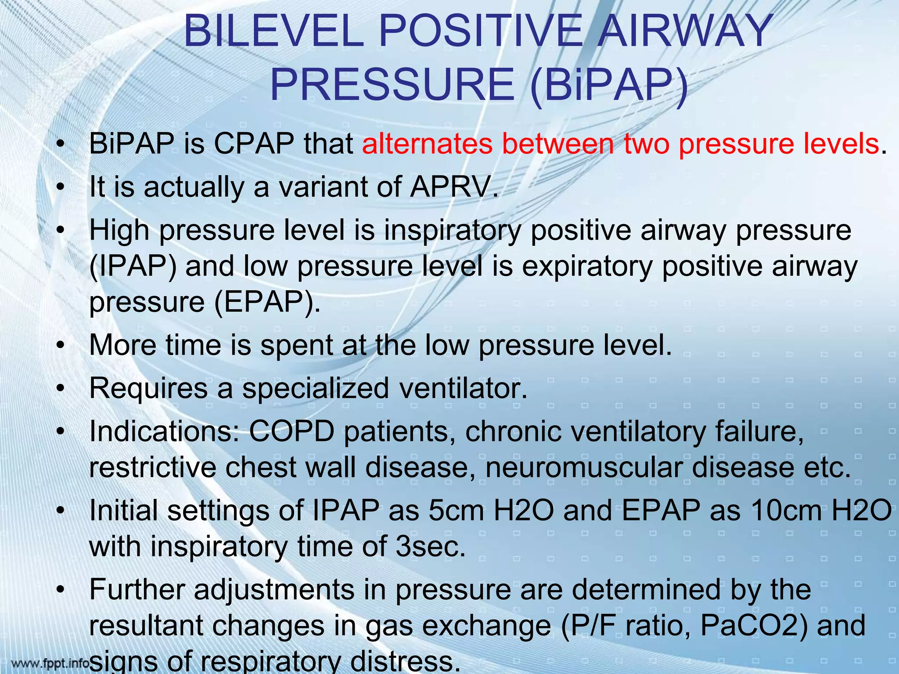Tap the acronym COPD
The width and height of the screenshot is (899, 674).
tap(292, 432)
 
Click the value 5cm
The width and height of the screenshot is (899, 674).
tap(457, 511)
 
